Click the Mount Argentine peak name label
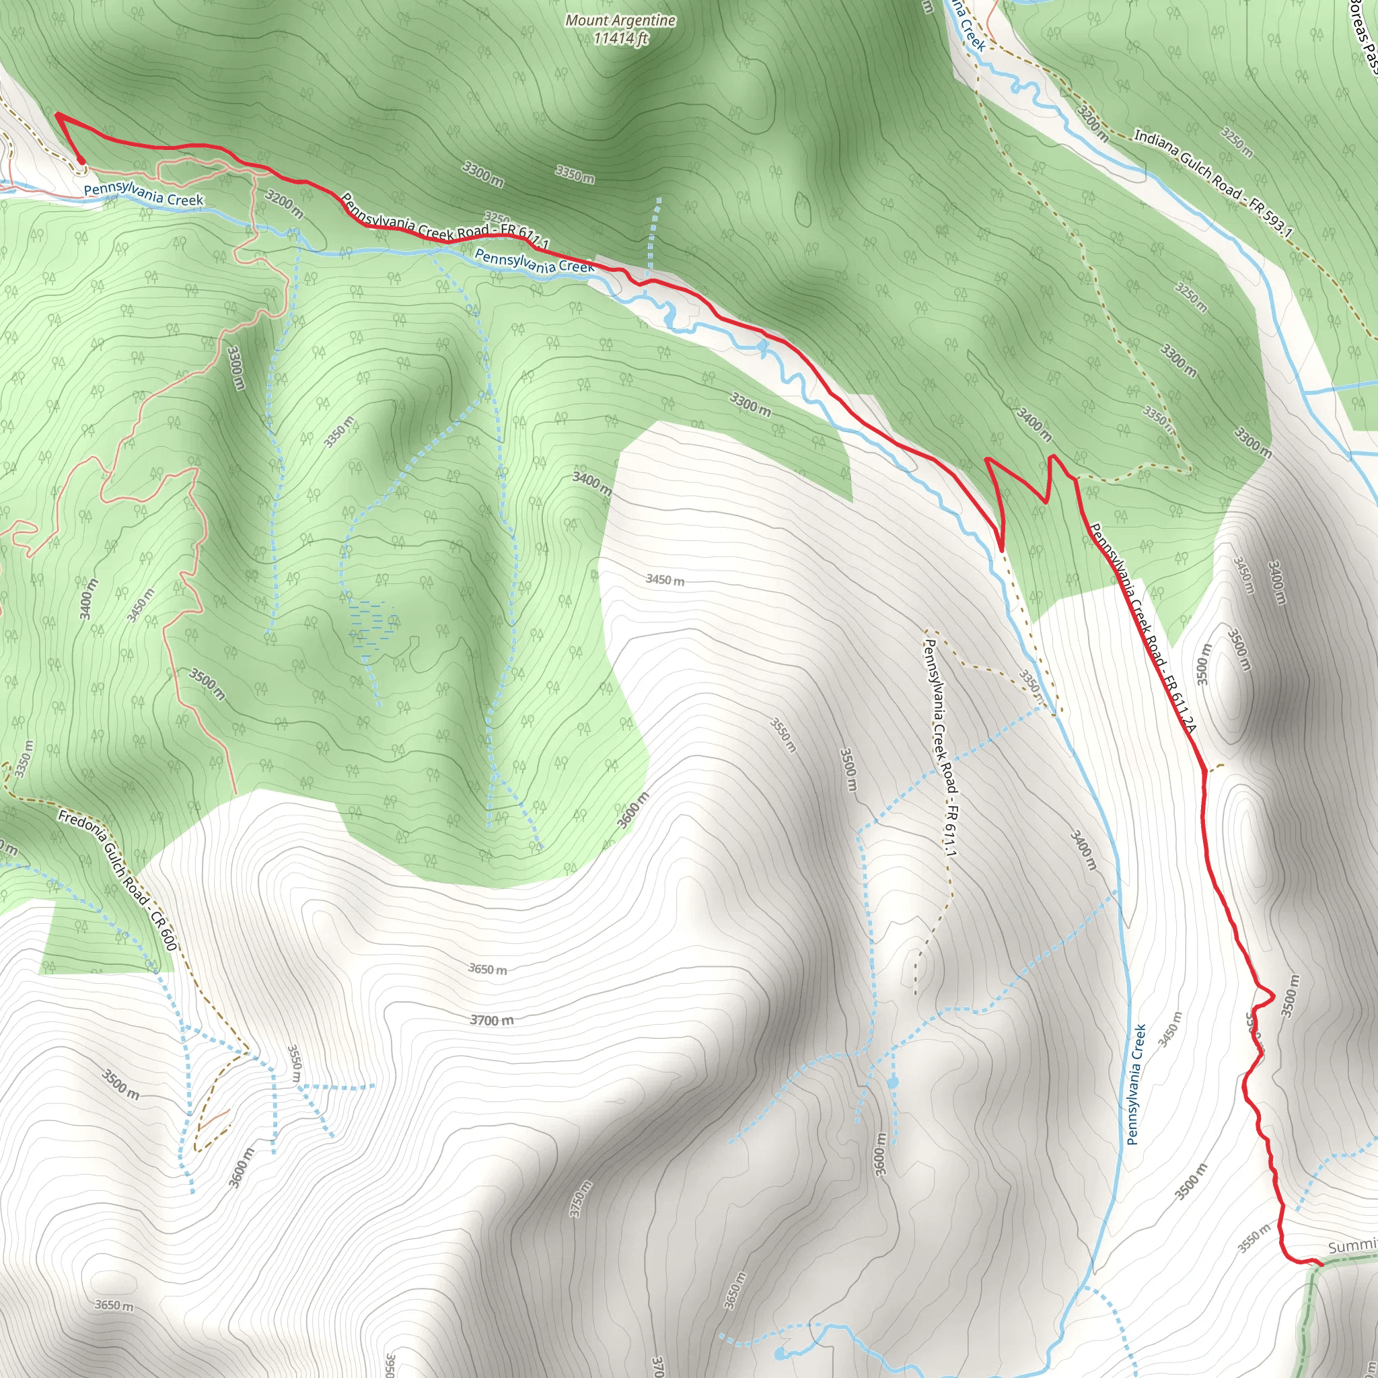click(x=620, y=21)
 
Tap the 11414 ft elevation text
click(x=620, y=38)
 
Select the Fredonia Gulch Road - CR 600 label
click(x=118, y=880)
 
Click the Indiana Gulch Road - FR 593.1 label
click(x=1212, y=182)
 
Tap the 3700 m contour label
click(x=491, y=1021)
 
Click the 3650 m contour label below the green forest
click(x=488, y=970)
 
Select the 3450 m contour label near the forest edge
click(x=665, y=580)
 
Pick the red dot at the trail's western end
click(x=81, y=161)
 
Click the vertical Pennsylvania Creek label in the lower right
click(x=1136, y=1084)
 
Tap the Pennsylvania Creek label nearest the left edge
click(x=143, y=194)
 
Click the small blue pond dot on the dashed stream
click(x=893, y=1083)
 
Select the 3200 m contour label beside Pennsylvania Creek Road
click(x=285, y=203)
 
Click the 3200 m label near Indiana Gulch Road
click(x=1092, y=122)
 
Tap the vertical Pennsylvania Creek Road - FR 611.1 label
click(x=941, y=746)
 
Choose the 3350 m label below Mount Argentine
click(x=575, y=174)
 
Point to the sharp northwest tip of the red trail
click(x=57, y=114)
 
